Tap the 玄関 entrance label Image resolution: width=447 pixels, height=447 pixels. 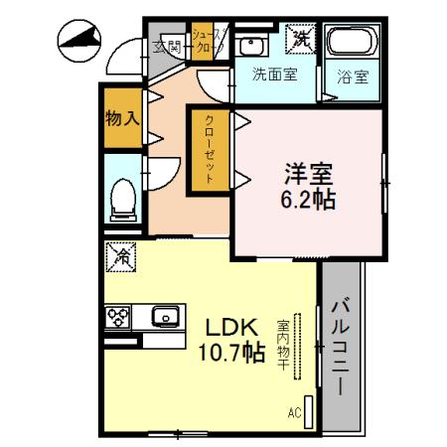pyautogui.click(x=166, y=45)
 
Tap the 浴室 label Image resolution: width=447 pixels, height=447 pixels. pyautogui.click(x=352, y=74)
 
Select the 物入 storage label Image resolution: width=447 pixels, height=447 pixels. pyautogui.click(x=122, y=118)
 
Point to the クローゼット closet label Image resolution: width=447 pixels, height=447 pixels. pyautogui.click(x=211, y=147)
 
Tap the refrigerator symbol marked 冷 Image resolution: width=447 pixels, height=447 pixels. pyautogui.click(x=117, y=258)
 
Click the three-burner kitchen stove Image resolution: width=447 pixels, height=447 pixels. pyautogui.click(x=120, y=318)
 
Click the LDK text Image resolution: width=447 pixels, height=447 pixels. pyautogui.click(x=231, y=327)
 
